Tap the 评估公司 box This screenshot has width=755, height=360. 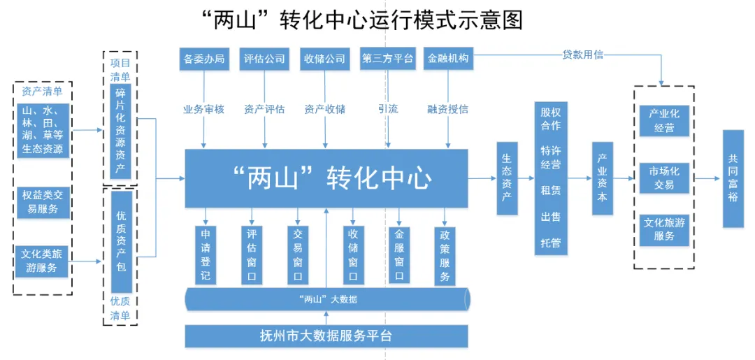tap(264, 59)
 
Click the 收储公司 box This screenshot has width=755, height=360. tap(325, 59)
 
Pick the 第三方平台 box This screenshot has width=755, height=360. tap(387, 59)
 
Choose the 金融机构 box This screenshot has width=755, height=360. tap(448, 59)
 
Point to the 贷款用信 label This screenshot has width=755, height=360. tap(582, 55)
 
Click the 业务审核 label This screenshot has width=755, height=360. tap(203, 109)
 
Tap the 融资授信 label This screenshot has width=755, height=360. tap(448, 109)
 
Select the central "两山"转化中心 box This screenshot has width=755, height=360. tap(326, 178)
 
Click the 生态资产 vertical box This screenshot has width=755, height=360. tap(507, 178)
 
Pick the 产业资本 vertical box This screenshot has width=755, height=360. tap(602, 178)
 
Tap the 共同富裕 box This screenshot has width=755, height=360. tap(733, 178)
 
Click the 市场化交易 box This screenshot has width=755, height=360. tap(664, 178)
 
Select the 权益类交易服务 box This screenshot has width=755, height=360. tap(43, 202)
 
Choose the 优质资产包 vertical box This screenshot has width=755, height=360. tap(121, 242)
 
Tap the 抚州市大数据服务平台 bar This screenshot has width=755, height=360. tap(326, 336)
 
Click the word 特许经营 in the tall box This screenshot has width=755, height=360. tap(550, 157)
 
